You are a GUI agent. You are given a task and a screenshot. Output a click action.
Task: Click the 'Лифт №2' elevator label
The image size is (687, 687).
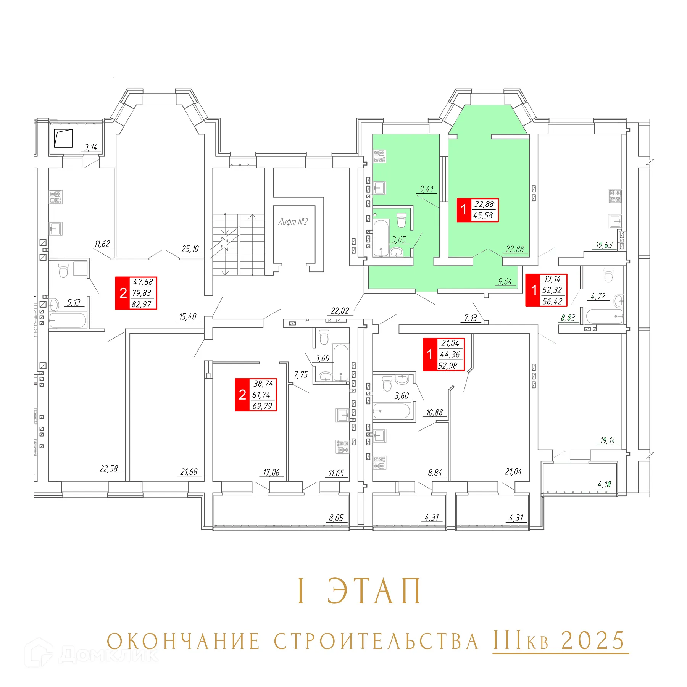[x=293, y=222]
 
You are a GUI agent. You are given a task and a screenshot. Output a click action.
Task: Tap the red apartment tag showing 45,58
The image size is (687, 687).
[x=477, y=210]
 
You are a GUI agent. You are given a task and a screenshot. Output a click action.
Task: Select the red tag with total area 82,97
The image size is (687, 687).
[x=136, y=293]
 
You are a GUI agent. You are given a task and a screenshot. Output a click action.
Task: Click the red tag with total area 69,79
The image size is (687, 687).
[x=256, y=395]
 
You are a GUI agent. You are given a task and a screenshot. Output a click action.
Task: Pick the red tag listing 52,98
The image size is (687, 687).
[x=443, y=355]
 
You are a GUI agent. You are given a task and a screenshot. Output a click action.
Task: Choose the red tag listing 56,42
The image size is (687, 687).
[x=546, y=290]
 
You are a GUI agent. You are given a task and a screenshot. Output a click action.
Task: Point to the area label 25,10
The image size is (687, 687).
[x=190, y=249]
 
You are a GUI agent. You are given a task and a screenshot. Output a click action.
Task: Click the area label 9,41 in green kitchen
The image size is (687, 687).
[x=426, y=189]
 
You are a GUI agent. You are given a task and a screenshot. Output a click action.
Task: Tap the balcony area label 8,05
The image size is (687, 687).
[x=336, y=518]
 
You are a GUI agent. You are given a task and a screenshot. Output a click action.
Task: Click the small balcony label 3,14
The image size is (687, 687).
[x=90, y=147]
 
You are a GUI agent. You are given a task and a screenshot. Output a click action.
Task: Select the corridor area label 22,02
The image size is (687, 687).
[x=340, y=311]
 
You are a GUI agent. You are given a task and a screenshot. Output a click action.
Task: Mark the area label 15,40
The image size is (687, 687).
[x=188, y=316]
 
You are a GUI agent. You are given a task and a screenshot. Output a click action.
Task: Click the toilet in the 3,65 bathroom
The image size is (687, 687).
[x=402, y=220]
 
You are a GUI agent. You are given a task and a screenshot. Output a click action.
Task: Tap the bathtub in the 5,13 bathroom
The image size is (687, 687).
[x=68, y=321]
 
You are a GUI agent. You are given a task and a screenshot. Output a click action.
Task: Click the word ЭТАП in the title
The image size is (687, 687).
[x=374, y=591]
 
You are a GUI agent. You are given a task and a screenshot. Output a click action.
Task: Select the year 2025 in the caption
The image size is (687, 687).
[x=593, y=641]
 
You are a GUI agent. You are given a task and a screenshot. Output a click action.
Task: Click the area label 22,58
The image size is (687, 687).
[x=109, y=468]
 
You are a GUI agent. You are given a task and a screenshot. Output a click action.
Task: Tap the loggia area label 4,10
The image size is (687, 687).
[x=604, y=484]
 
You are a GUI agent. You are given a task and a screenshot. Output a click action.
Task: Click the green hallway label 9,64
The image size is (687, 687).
[x=505, y=282]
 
